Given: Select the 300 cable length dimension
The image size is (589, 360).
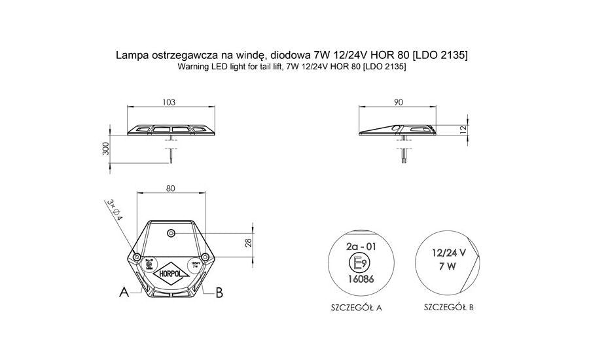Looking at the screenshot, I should (x=106, y=149).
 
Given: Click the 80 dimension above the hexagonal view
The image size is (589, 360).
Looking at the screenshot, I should (x=170, y=189).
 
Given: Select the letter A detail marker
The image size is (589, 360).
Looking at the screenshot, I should (x=124, y=293).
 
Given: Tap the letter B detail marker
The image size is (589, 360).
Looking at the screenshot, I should (x=219, y=293).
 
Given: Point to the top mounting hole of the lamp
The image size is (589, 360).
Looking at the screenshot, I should (x=170, y=233).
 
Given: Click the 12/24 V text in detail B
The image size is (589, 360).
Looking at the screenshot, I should (x=448, y=252).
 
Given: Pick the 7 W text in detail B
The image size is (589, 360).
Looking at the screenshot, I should (x=448, y=266).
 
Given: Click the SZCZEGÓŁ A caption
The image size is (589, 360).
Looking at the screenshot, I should (x=357, y=306).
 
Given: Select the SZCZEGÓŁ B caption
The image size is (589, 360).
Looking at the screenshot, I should (x=449, y=306).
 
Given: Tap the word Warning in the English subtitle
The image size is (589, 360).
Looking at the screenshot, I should (x=192, y=67).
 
